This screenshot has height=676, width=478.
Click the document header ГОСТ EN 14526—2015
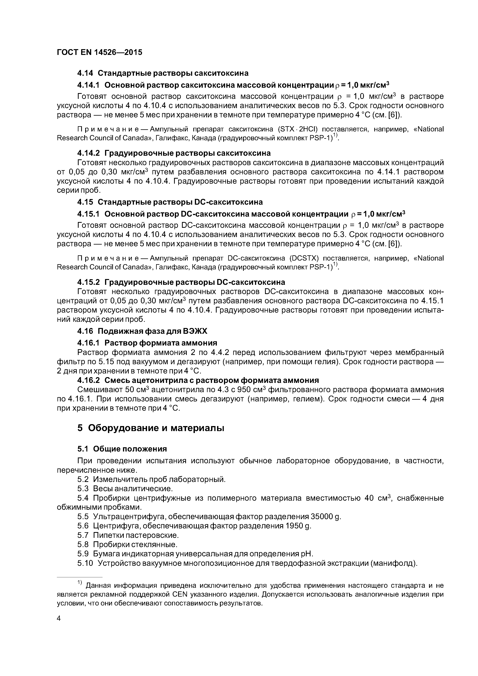99,52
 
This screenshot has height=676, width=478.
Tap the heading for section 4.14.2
174,153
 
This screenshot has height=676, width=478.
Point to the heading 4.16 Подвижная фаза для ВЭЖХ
142,331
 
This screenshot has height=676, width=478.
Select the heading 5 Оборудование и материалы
151,428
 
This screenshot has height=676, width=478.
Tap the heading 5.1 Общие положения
122,449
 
